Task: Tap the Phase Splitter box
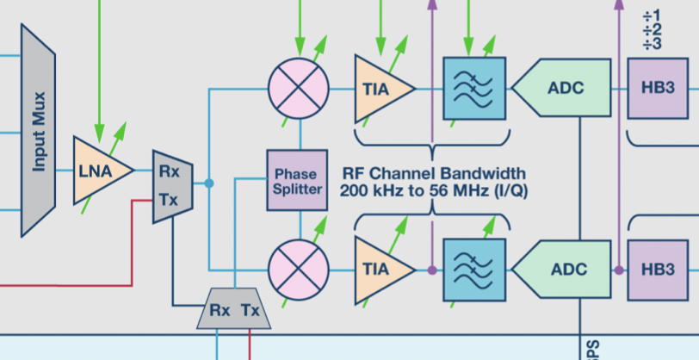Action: (x=297, y=180)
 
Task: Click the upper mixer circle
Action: (x=299, y=89)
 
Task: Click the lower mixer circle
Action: (x=299, y=270)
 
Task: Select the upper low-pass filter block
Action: (x=473, y=89)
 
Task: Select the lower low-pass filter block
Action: (x=473, y=270)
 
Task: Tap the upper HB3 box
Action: (x=658, y=89)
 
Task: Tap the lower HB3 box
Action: (x=658, y=270)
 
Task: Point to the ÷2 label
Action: (x=652, y=30)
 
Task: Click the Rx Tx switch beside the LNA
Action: (x=171, y=184)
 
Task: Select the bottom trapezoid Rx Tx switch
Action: (x=234, y=309)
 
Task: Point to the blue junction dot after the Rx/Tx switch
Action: (x=208, y=183)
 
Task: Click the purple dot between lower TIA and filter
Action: (x=431, y=270)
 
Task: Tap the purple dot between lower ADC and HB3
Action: (x=618, y=270)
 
